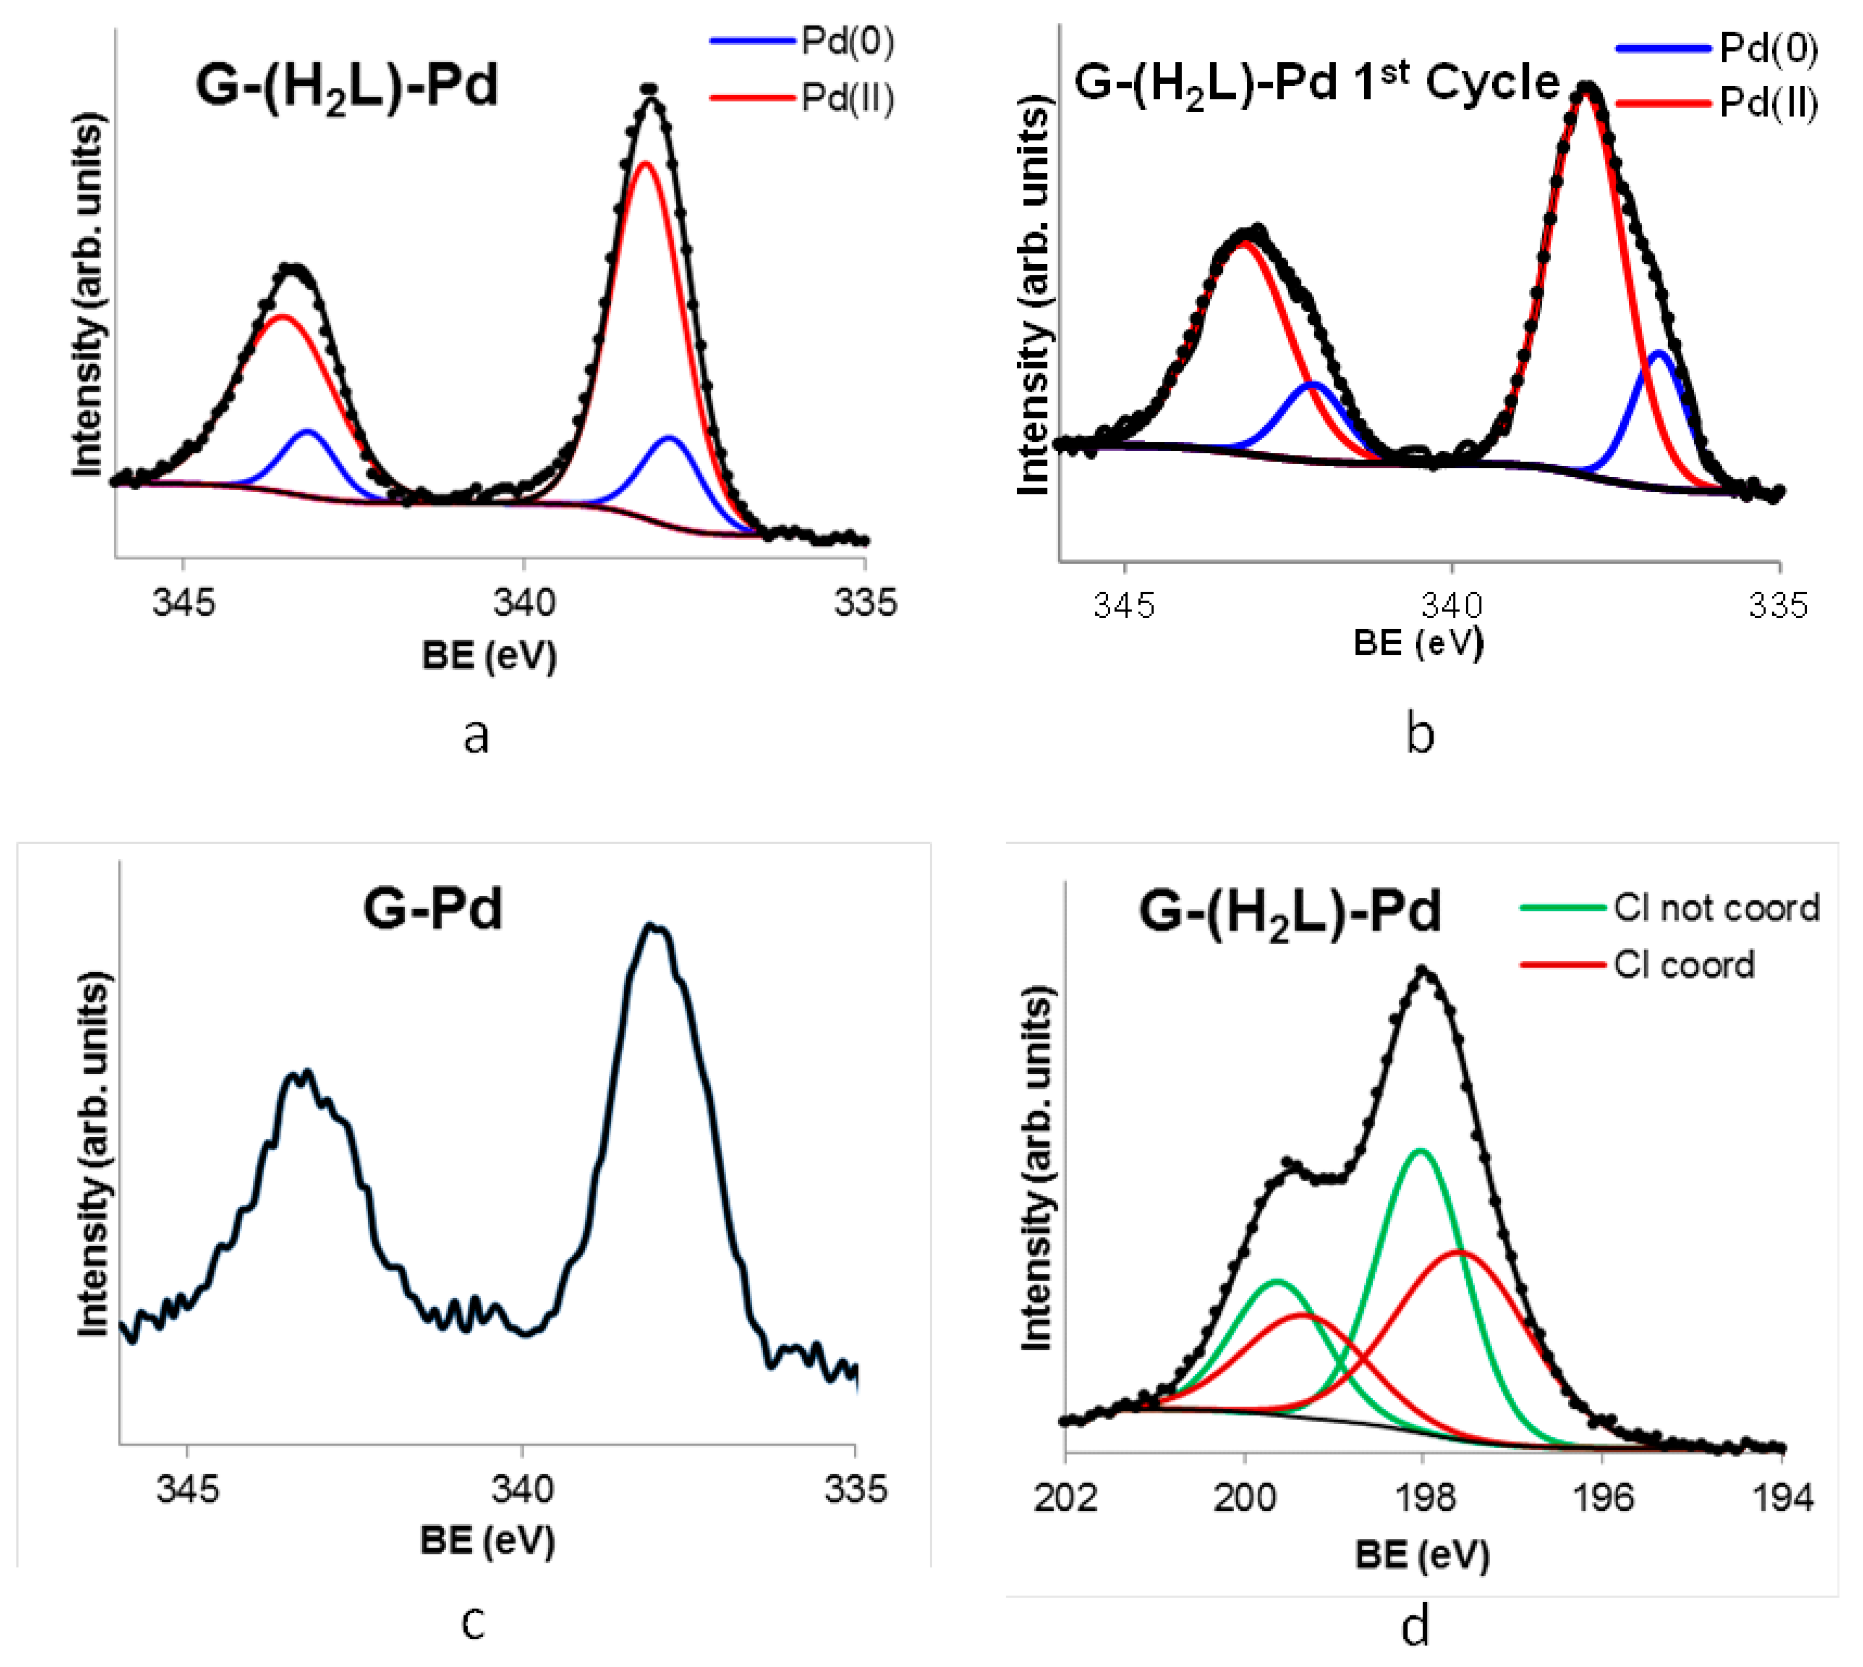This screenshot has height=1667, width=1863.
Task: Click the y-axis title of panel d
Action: coord(1036,1168)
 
